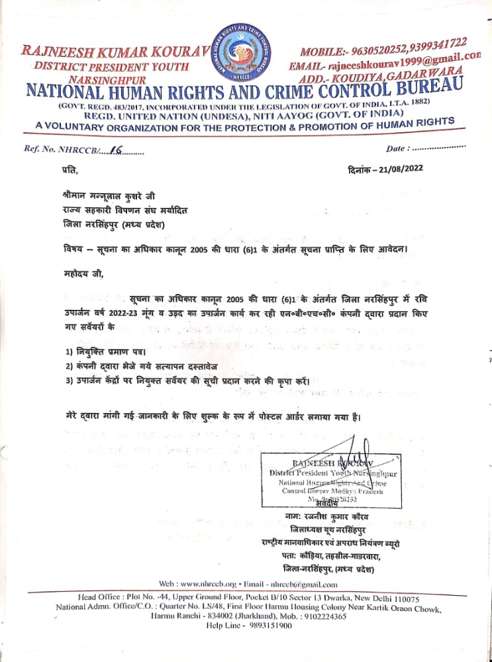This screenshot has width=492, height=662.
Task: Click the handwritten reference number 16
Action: pyautogui.click(x=119, y=150)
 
